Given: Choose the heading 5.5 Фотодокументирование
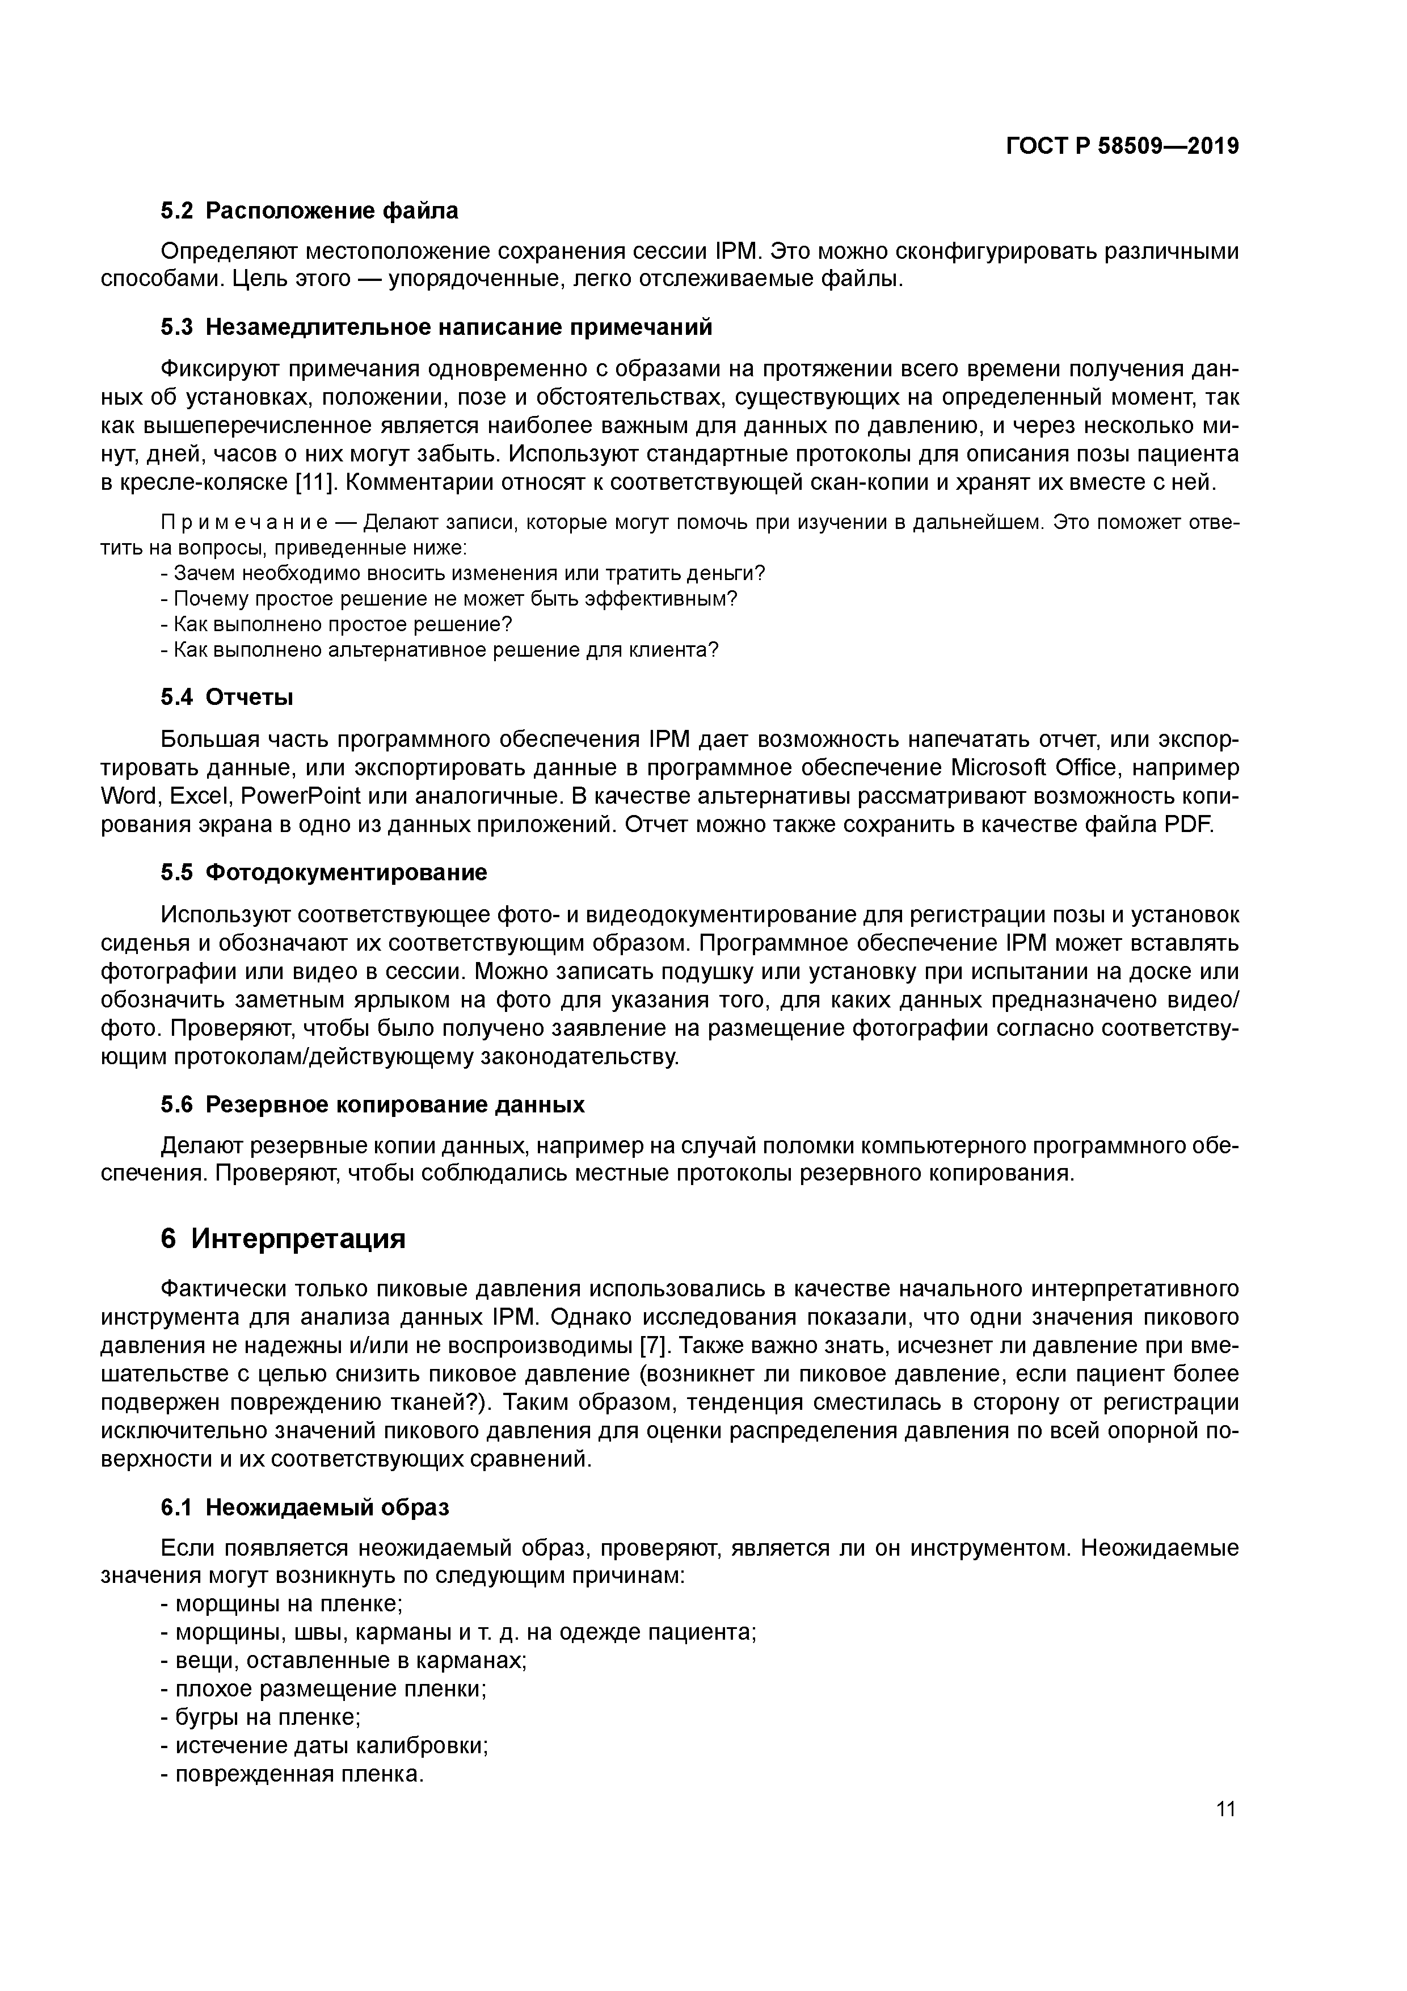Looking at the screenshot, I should (x=323, y=872).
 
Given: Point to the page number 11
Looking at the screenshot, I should (x=1226, y=1809).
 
